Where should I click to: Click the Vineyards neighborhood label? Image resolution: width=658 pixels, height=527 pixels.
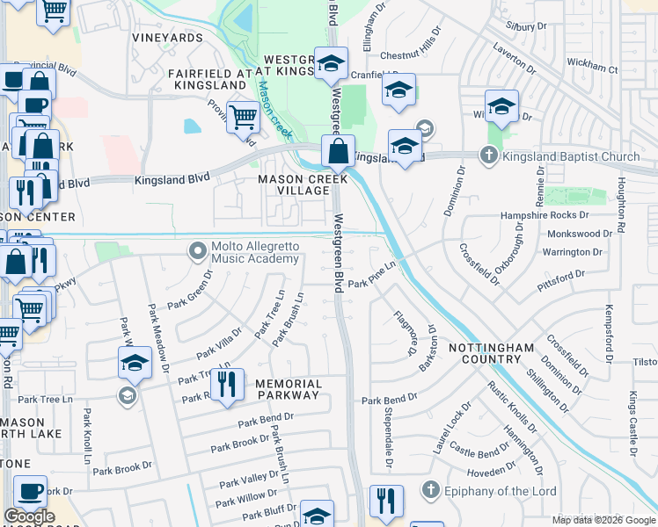click(167, 38)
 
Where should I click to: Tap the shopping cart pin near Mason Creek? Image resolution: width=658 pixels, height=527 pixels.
click(243, 116)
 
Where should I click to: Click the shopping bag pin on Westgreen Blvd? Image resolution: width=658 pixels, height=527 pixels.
click(338, 152)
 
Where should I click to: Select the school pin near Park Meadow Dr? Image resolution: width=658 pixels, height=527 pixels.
click(135, 363)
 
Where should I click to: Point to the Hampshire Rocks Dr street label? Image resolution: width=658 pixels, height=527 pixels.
click(543, 215)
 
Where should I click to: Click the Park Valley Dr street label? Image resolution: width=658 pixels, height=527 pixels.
click(249, 480)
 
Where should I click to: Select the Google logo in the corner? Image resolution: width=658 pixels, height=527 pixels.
click(29, 516)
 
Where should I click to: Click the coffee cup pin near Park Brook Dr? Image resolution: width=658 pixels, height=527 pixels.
click(31, 490)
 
